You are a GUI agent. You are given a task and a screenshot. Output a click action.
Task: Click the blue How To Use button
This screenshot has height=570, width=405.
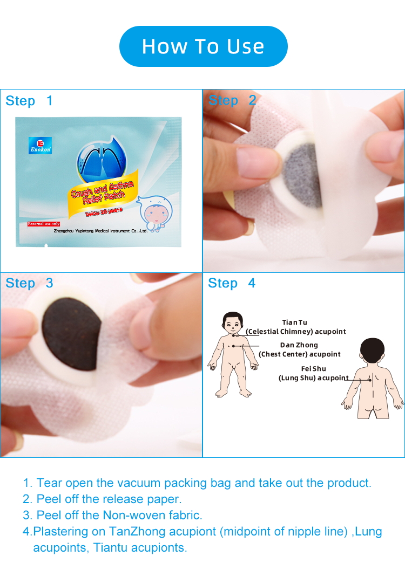tap(203, 46)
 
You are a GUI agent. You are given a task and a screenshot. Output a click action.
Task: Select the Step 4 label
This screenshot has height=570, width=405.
tap(232, 283)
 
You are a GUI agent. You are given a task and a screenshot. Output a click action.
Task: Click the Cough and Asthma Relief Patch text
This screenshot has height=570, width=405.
tap(103, 191)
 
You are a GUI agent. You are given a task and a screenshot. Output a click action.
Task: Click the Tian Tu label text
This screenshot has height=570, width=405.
tap(294, 322)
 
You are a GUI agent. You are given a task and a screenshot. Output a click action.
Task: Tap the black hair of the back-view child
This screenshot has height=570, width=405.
tap(373, 351)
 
